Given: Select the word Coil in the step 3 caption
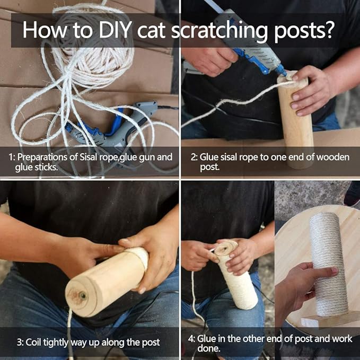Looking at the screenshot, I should (x=36, y=342).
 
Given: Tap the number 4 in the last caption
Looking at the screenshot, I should (x=190, y=338).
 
